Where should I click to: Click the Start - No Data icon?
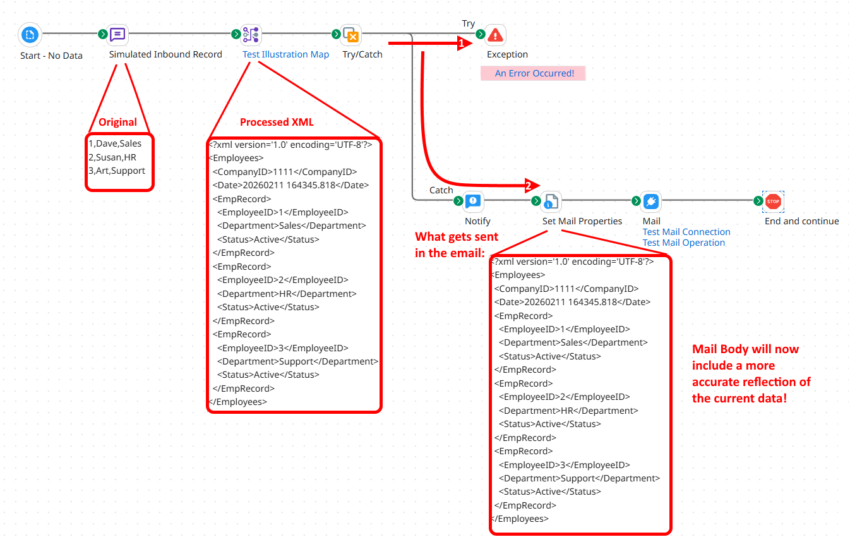30,35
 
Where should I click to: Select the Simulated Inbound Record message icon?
117,35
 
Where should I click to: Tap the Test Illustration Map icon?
251,35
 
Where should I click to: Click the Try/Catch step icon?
350,35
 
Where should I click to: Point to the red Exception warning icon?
496,35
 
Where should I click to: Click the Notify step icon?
473,202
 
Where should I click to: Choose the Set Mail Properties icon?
551,202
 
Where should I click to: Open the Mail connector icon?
651,202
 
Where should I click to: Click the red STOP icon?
773,202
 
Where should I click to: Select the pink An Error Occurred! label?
534,73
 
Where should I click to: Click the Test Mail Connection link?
686,232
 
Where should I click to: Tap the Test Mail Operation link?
683,243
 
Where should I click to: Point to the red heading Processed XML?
277,123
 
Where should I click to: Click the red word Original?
117,123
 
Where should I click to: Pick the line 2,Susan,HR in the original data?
112,157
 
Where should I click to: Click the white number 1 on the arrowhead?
462,44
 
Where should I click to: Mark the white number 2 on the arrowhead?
529,186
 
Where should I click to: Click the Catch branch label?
441,190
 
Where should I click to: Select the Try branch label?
468,23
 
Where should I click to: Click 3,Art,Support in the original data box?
117,171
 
